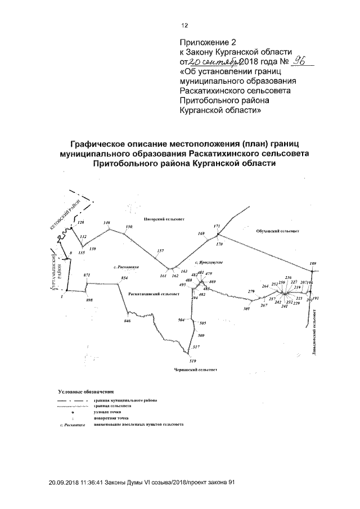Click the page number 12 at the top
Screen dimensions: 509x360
(x=184, y=25)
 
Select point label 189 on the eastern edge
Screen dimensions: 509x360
(x=313, y=264)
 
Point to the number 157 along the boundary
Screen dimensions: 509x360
(x=160, y=250)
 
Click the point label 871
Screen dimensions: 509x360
(x=87, y=274)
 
